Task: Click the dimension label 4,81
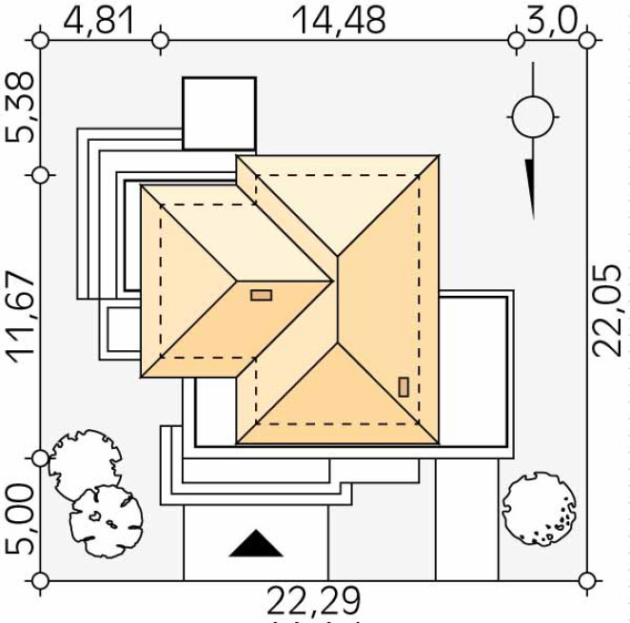click(98, 21)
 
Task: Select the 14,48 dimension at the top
click(339, 21)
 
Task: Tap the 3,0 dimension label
click(551, 21)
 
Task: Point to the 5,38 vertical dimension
click(19, 107)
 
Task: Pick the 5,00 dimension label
click(19, 519)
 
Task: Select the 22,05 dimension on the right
click(608, 310)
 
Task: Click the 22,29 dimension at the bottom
click(313, 601)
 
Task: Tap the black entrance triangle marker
click(256, 543)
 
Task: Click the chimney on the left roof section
click(261, 295)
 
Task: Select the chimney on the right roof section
click(404, 387)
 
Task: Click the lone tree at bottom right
click(539, 509)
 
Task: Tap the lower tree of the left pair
click(107, 521)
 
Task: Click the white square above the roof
click(220, 113)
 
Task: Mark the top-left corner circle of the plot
click(40, 41)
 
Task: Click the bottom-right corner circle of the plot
click(587, 581)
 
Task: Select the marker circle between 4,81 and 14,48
click(161, 41)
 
